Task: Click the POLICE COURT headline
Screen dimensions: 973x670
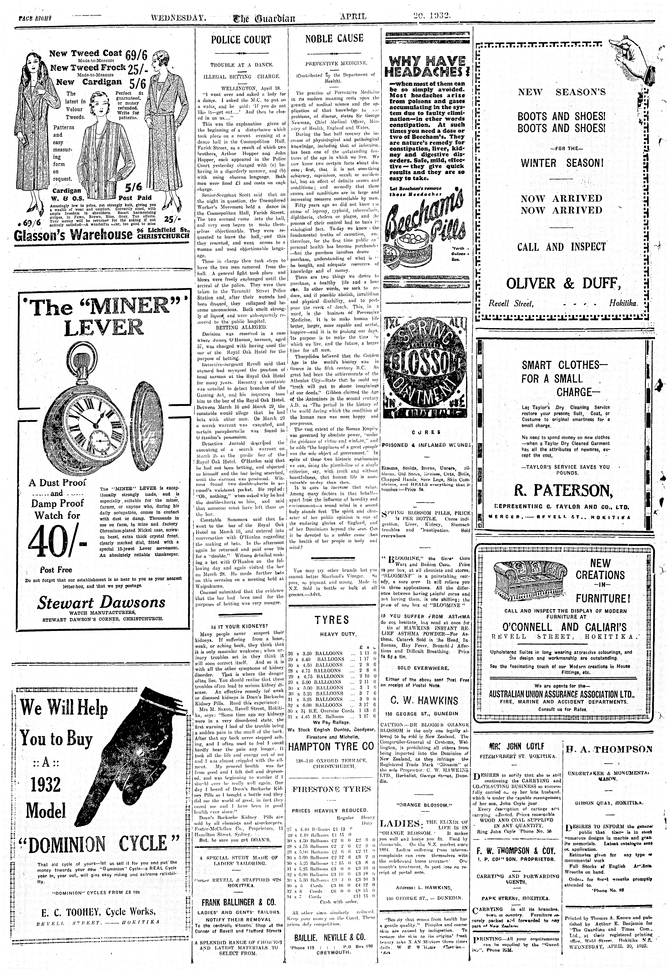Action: [241, 40]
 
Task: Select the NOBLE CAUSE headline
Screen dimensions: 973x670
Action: [334, 38]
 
